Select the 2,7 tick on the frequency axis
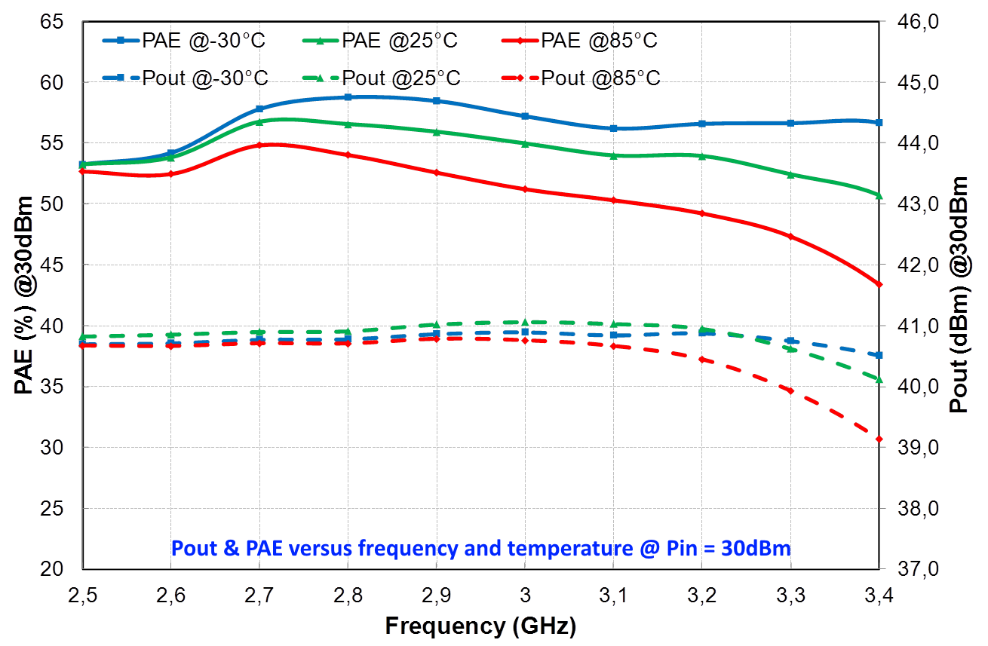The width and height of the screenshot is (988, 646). pyautogui.click(x=259, y=598)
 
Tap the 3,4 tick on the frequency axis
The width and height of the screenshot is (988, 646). pyautogui.click(x=879, y=598)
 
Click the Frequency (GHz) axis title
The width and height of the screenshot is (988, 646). pyautogui.click(x=480, y=626)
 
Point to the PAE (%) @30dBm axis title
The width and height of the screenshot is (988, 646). pyautogui.click(x=23, y=294)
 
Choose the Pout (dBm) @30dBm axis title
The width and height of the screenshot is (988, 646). pyautogui.click(x=960, y=294)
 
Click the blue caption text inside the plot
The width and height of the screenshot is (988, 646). pyautogui.click(x=481, y=548)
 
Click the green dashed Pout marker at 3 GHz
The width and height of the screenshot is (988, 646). pyautogui.click(x=525, y=322)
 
